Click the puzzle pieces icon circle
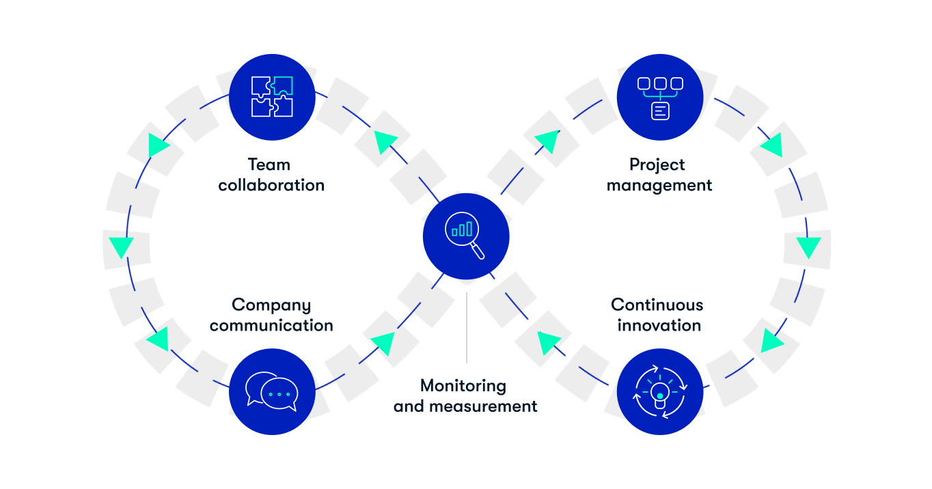click(x=272, y=96)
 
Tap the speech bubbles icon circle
click(x=272, y=391)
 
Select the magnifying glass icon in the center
click(x=466, y=236)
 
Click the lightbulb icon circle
click(x=659, y=391)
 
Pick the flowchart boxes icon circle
click(x=659, y=96)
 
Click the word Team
click(x=269, y=165)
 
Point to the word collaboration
click(x=271, y=185)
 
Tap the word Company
click(x=271, y=305)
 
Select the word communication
click(x=271, y=325)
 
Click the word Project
click(x=657, y=165)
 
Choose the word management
click(x=659, y=186)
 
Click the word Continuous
click(x=657, y=305)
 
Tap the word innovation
click(x=659, y=325)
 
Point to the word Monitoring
click(x=463, y=386)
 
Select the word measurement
click(x=493, y=406)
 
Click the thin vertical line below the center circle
click(x=467, y=328)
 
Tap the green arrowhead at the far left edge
click(x=121, y=247)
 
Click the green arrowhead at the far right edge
click(x=809, y=247)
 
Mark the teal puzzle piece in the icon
click(x=283, y=85)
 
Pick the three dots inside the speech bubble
click(x=279, y=395)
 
